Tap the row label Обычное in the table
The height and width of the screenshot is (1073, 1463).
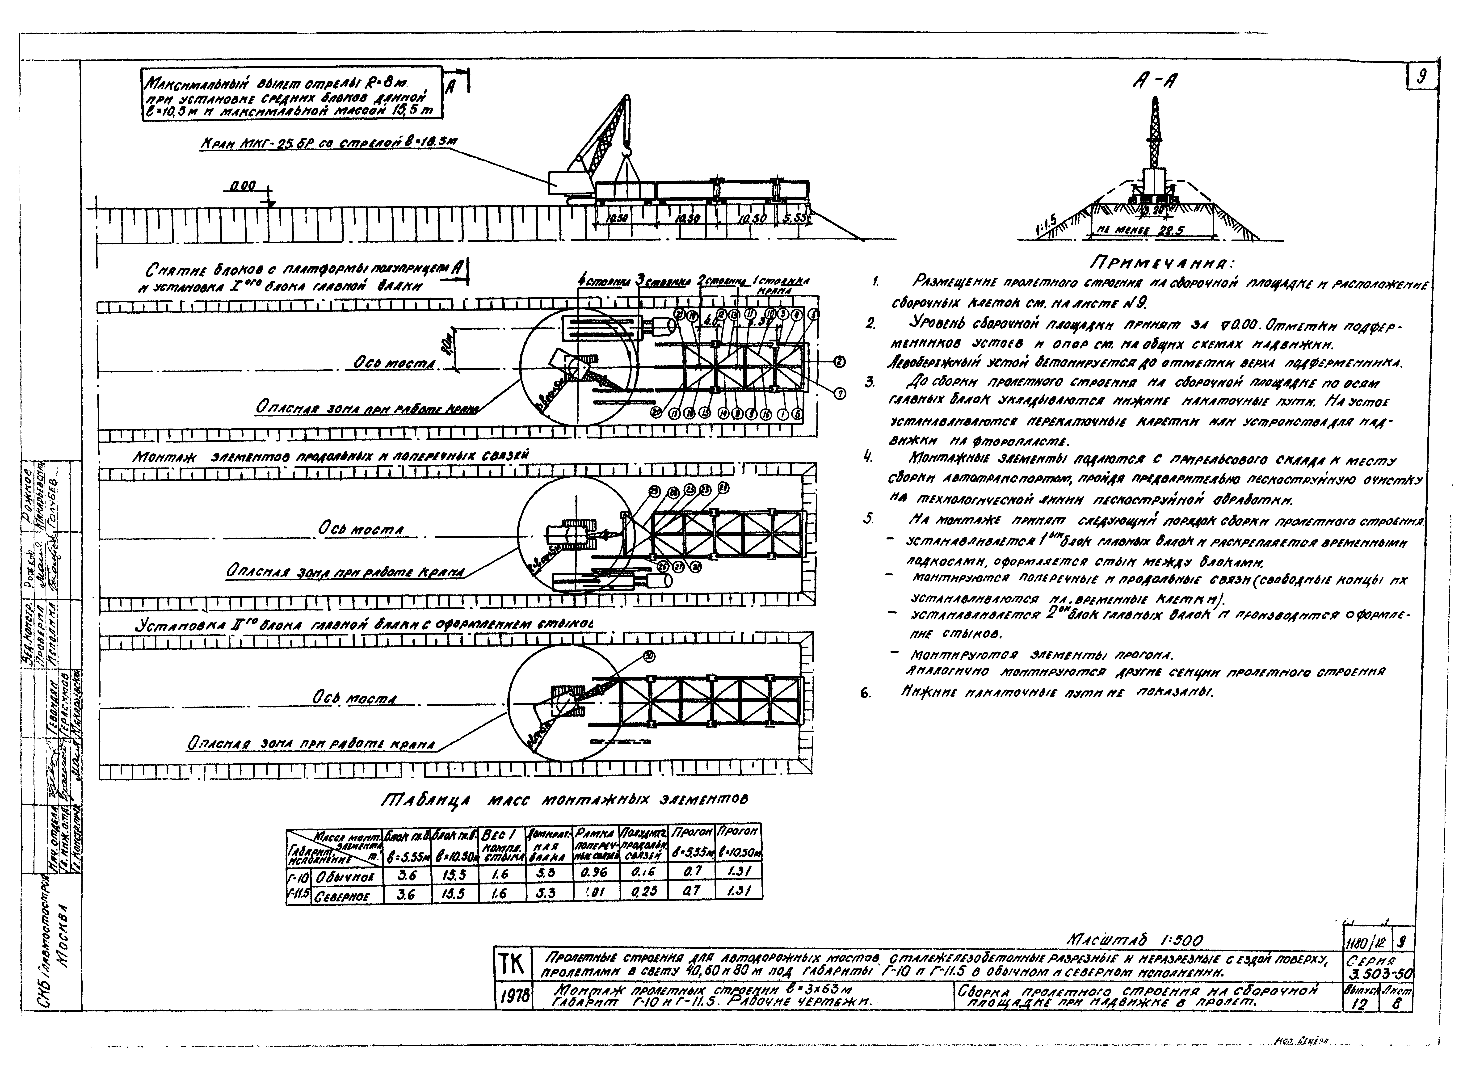coord(341,875)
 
